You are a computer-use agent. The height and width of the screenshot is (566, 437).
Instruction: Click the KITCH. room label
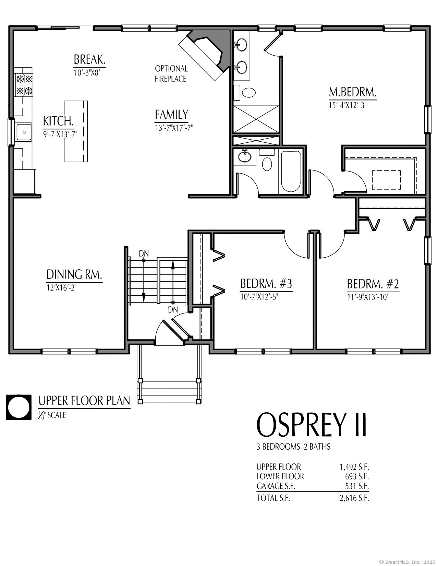(58, 121)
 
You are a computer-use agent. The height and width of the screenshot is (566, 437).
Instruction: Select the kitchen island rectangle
(76, 131)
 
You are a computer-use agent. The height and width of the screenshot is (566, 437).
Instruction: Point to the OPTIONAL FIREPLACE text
(171, 74)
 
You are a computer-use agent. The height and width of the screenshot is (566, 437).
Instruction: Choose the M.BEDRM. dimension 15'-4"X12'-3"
(348, 105)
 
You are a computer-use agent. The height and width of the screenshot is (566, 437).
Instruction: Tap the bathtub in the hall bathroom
(291, 170)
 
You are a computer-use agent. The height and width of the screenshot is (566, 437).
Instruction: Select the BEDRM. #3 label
(266, 284)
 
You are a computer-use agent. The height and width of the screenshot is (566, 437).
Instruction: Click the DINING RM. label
(74, 274)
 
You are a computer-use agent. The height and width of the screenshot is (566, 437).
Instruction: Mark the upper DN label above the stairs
(144, 253)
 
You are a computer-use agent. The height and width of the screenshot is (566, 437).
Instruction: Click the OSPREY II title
(312, 425)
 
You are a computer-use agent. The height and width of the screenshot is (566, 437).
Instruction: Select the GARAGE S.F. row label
(276, 486)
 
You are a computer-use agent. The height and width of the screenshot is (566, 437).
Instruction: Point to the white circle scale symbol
(19, 407)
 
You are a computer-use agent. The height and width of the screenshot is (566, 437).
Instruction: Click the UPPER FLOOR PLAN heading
(84, 401)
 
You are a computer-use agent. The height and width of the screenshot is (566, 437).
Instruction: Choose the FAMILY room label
(171, 115)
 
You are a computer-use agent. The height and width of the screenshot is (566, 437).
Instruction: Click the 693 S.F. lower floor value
(357, 476)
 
